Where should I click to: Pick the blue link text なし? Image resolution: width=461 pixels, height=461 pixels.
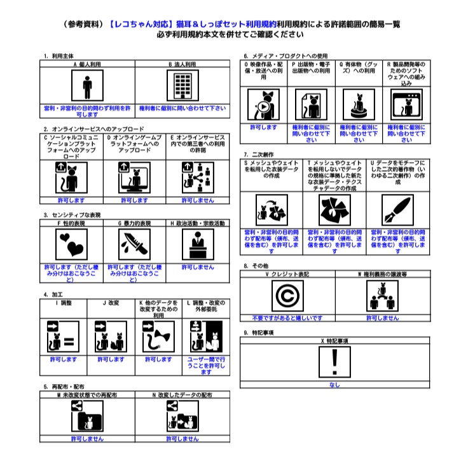click(x=335, y=385)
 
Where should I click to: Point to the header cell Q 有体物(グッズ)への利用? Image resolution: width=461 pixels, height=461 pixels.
click(x=359, y=68)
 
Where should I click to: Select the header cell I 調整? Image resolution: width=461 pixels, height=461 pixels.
click(x=64, y=303)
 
